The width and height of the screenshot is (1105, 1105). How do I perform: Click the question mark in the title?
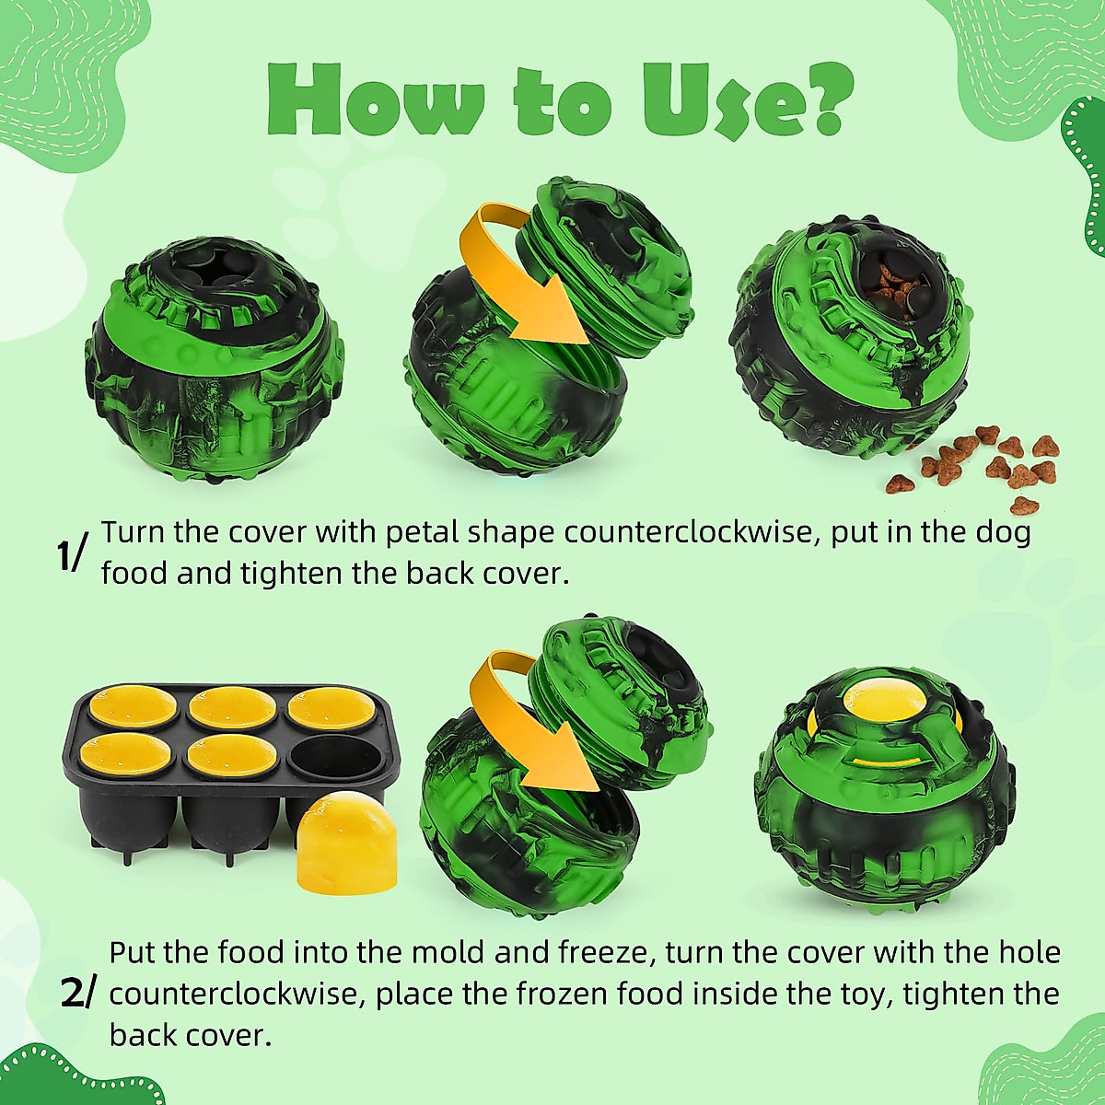click(823, 99)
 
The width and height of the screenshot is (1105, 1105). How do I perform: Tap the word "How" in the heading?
click(377, 101)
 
